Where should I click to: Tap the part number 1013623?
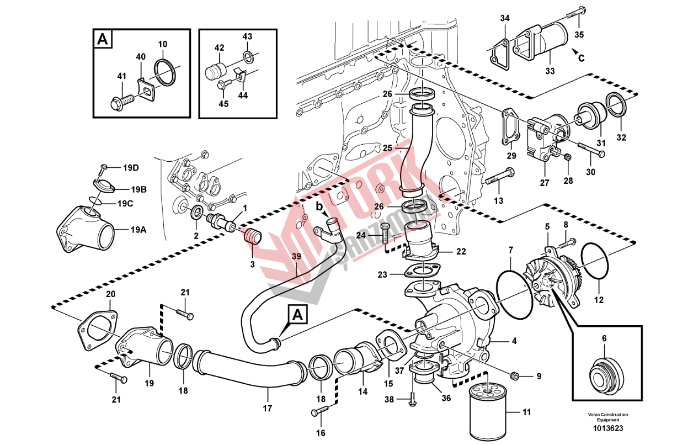(607, 428)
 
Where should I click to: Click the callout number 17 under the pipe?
(268, 409)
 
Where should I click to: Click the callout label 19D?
(131, 167)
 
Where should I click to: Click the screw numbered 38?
(412, 399)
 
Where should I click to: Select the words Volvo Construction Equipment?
(607, 417)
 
